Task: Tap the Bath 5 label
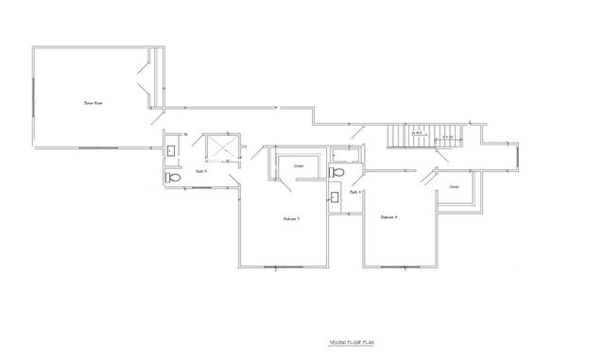click(x=201, y=171)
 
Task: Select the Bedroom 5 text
click(x=291, y=218)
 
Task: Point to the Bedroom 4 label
click(x=389, y=217)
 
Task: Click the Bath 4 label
click(x=354, y=192)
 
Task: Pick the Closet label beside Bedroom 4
click(x=454, y=186)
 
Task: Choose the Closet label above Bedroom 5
click(x=298, y=165)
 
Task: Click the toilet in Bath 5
click(x=173, y=177)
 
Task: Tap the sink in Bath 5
click(x=171, y=150)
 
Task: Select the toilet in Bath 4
click(x=337, y=173)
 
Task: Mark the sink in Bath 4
click(x=336, y=197)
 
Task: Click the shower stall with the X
click(x=219, y=148)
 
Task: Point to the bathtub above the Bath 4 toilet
click(x=342, y=156)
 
